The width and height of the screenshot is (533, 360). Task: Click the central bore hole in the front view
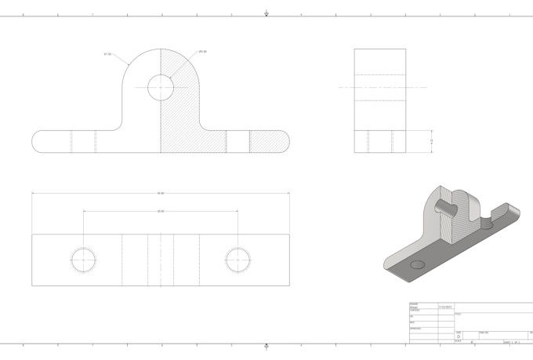161,87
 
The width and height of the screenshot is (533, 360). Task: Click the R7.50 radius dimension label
107,54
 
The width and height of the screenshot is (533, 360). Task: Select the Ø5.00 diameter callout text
202,52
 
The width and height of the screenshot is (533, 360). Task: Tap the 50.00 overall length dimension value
161,193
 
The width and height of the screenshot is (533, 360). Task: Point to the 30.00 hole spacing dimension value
161,211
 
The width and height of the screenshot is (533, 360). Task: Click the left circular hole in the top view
83,258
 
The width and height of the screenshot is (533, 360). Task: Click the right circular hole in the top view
237,258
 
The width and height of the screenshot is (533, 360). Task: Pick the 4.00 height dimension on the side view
432,140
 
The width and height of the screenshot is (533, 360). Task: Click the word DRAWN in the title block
414,304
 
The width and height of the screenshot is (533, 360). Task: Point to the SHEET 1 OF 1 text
512,342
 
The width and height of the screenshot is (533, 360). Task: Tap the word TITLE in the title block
458,315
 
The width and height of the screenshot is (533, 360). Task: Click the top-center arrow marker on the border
266,13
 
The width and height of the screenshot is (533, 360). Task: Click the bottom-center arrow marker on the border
266,346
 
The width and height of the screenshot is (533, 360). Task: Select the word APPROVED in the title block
415,327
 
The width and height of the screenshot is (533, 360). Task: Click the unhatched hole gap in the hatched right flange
238,140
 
